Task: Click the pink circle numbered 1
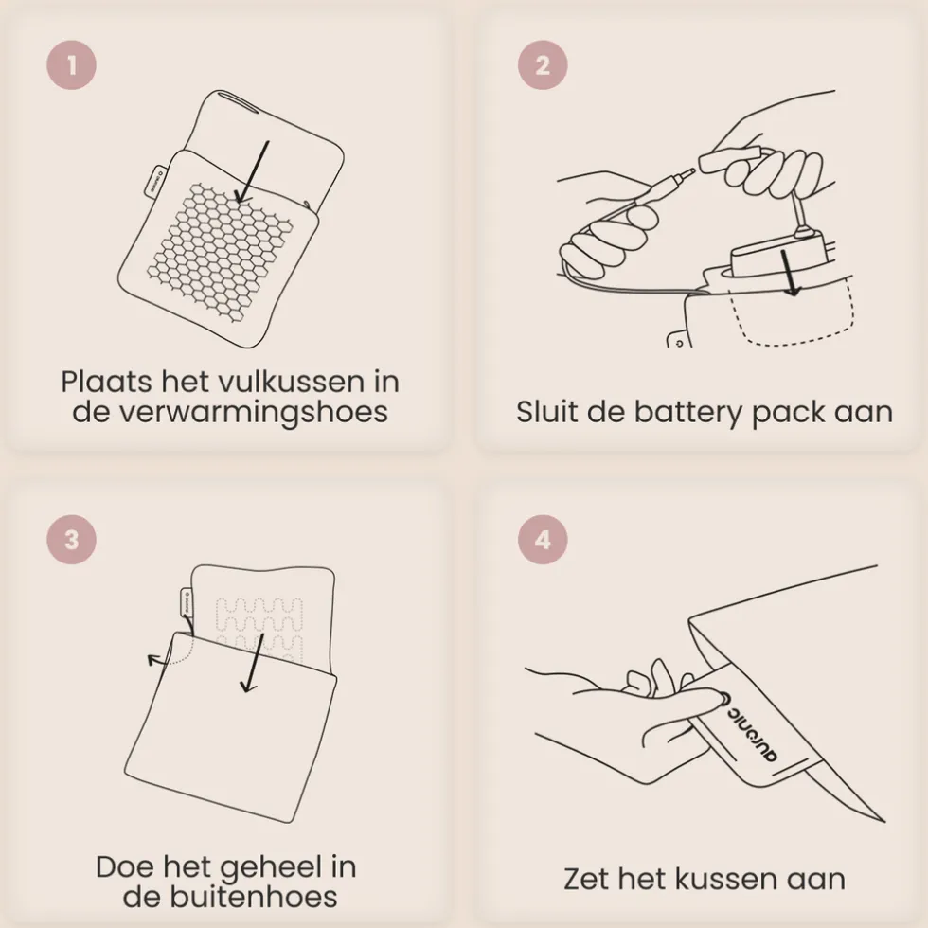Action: [72, 65]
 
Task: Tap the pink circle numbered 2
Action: [543, 65]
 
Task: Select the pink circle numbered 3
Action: [72, 539]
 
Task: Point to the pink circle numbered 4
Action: [543, 539]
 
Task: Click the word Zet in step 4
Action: [585, 879]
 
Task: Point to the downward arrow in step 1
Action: [252, 172]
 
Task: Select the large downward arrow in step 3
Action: [252, 663]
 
